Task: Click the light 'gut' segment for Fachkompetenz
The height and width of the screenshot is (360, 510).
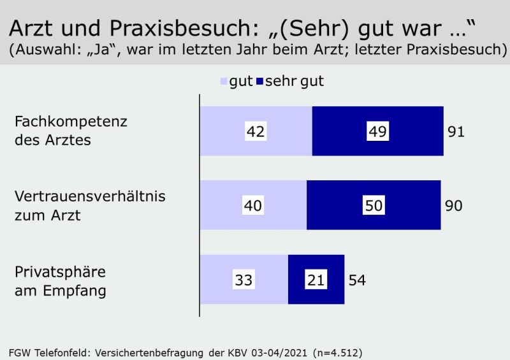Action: click(256, 131)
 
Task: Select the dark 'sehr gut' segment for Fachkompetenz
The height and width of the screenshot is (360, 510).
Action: click(377, 131)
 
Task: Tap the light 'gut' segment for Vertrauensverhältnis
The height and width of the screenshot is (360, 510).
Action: click(253, 205)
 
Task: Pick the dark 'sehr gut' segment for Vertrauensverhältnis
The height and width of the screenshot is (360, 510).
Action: click(374, 205)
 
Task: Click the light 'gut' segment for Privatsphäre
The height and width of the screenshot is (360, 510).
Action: click(244, 279)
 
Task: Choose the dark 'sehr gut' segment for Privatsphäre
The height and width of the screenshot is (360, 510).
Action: click(316, 279)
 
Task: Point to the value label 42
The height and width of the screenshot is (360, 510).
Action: click(256, 131)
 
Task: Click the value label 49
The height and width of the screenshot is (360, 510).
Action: click(377, 131)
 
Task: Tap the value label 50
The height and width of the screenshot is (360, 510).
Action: click(374, 205)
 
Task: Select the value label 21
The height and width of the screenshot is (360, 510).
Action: click(316, 280)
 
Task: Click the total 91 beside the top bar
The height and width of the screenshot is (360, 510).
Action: click(456, 132)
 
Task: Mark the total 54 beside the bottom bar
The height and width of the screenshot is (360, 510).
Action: click(357, 280)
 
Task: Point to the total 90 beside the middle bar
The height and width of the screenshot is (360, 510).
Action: click(454, 206)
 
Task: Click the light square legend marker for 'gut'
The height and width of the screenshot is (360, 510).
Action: click(224, 82)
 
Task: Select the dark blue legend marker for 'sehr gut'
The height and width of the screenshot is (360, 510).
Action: click(259, 82)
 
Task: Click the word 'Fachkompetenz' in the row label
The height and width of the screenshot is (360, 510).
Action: click(71, 122)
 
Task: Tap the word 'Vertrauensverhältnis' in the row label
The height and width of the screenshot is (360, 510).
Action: click(90, 196)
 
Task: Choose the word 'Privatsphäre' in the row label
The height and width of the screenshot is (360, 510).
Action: click(60, 272)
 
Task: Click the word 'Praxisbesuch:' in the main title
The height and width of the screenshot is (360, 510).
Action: click(184, 28)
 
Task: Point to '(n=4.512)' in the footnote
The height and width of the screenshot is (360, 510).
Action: click(338, 353)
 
